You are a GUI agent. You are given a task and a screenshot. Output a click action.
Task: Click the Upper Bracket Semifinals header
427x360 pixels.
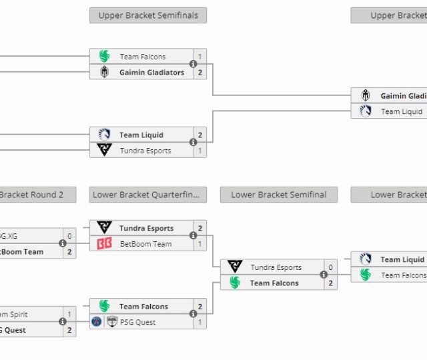coord(148,15)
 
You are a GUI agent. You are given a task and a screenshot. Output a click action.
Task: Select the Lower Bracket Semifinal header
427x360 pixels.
coord(278,195)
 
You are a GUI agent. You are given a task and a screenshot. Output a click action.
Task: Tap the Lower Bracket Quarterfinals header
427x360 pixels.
coord(148,195)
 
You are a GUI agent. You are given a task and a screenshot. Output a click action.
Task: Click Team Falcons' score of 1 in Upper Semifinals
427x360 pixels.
coord(199,57)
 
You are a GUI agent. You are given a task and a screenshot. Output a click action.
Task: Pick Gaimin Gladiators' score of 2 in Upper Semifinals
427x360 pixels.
coord(199,72)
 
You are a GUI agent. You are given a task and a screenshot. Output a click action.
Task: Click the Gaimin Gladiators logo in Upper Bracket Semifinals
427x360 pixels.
coord(104,72)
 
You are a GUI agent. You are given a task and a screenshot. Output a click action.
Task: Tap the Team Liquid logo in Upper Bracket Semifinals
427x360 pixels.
coord(104,135)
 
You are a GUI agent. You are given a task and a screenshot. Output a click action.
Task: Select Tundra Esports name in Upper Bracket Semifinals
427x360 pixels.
coord(145,151)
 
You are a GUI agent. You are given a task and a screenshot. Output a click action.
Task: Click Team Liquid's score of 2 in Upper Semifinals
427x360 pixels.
coord(199,135)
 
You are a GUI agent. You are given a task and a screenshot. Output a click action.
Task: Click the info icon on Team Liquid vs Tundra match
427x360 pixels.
coord(193,143)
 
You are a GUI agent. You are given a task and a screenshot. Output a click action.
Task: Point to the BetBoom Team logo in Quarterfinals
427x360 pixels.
coord(104,244)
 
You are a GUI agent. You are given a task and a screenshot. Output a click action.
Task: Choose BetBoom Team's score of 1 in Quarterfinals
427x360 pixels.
coord(199,244)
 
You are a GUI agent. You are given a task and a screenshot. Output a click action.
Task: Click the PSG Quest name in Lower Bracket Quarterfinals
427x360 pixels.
coord(137,322)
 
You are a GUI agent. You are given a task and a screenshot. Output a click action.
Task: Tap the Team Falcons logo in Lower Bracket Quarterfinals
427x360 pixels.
coord(104,307)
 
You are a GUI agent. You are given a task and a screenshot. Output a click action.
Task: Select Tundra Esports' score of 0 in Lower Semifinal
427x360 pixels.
coord(330,267)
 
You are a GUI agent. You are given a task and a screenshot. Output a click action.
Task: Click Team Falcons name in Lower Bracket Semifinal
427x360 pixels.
coord(274,283)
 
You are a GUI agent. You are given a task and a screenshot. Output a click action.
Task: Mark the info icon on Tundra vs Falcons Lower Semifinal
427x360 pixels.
coord(324,275)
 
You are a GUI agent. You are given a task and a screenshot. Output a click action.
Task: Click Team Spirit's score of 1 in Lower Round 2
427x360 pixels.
coord(69,314)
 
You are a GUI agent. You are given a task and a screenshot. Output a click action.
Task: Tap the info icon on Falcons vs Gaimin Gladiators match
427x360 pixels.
coord(193,65)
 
